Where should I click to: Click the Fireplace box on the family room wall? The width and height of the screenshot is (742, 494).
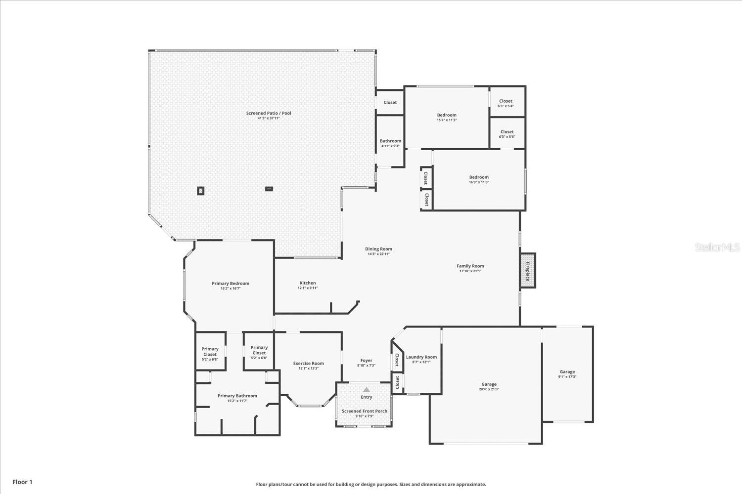pos(527,270)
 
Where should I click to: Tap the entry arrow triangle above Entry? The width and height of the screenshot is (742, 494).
pos(367,390)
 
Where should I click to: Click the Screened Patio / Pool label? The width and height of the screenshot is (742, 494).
pos(269,113)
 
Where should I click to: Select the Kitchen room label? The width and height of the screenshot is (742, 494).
pos(307,283)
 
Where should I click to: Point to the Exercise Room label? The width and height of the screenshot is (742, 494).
pos(308,363)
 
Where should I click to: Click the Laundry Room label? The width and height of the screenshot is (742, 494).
pos(421,357)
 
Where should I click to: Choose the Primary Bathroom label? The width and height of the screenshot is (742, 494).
pos(237,396)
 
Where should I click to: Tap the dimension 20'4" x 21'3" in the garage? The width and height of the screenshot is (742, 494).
pos(489,389)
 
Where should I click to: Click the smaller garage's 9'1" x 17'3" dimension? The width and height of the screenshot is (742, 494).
pos(567,377)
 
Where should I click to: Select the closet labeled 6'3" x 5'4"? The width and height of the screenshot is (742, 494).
pos(506,106)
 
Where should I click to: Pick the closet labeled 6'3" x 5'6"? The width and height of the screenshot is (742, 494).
pos(507,137)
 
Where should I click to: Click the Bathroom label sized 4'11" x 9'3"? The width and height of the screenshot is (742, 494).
pos(390,141)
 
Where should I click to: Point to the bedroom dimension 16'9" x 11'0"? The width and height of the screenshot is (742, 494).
pos(479,182)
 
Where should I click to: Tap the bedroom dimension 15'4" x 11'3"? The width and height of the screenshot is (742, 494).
pos(446,120)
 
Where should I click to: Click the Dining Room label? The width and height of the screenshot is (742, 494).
pos(378,249)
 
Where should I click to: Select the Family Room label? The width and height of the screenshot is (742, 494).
pos(470,266)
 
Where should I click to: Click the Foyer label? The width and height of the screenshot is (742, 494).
pos(366,361)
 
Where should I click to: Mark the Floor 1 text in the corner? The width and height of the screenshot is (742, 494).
pos(22,482)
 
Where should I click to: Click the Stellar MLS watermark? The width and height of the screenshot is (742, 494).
pos(717,247)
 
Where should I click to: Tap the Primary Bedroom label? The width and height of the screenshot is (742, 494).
pos(231,284)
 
